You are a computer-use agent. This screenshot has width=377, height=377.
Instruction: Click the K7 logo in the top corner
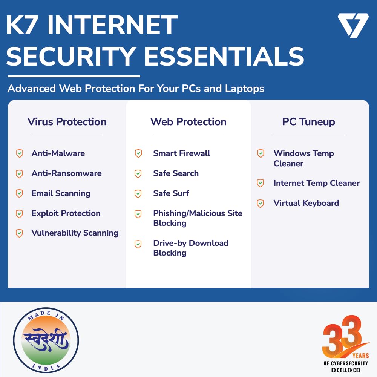[x=353, y=25]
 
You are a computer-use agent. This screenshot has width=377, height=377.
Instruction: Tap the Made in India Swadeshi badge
[x=46, y=340]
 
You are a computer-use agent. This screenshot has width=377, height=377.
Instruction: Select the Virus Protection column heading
[x=67, y=122]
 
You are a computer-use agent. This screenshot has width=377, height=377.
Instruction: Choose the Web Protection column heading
[x=188, y=122]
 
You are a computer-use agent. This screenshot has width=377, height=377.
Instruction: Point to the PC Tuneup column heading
[x=309, y=122]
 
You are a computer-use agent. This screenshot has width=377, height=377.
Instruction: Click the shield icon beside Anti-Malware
[x=20, y=153]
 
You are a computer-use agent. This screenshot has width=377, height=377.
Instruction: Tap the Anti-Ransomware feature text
[x=67, y=173]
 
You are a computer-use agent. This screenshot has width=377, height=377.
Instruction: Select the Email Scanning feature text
[x=61, y=193]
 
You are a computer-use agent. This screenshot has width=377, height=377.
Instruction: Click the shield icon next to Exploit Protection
[x=19, y=214]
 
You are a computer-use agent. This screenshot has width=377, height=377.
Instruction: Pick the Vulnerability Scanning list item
[x=75, y=233]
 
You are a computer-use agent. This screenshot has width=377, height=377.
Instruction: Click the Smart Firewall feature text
[x=182, y=153]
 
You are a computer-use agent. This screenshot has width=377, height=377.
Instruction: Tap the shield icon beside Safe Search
[x=138, y=173]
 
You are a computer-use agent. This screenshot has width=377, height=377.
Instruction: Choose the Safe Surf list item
[x=171, y=193]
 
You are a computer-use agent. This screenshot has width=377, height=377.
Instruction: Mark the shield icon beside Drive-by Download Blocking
[x=138, y=244]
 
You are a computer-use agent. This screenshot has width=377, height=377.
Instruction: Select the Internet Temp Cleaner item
[x=317, y=183]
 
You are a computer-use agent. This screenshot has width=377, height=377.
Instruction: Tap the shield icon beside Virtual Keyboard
[x=261, y=204]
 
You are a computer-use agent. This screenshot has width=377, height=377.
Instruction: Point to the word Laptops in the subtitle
[x=245, y=89]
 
